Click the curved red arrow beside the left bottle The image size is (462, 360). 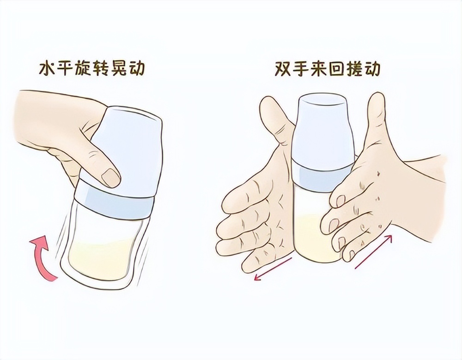click(43, 258)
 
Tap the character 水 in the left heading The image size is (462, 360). click(46, 69)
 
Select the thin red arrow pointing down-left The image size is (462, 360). click(273, 269)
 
